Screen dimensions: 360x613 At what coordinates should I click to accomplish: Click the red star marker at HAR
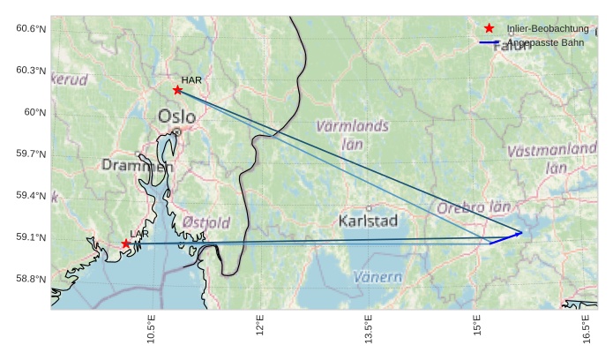click(177, 90)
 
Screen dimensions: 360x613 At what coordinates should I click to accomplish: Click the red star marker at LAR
click(126, 244)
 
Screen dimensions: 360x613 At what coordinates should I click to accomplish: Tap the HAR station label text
click(191, 80)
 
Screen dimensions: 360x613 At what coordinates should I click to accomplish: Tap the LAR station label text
click(139, 234)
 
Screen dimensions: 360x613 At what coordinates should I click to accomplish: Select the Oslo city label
click(176, 116)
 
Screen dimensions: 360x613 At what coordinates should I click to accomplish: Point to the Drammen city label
click(137, 165)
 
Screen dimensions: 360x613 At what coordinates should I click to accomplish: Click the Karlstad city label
click(368, 220)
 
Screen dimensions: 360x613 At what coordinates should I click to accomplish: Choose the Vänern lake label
click(378, 277)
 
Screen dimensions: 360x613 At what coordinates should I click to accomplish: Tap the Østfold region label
click(206, 222)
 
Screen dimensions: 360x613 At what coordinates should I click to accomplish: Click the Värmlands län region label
click(352, 134)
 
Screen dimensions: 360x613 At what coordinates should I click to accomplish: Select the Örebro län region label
click(474, 208)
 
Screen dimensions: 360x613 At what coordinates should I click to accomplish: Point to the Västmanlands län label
click(553, 158)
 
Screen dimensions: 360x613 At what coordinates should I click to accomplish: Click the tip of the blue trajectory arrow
click(522, 233)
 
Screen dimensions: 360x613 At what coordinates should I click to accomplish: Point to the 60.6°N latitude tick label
click(31, 29)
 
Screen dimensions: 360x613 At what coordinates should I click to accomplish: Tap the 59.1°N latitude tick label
click(31, 237)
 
